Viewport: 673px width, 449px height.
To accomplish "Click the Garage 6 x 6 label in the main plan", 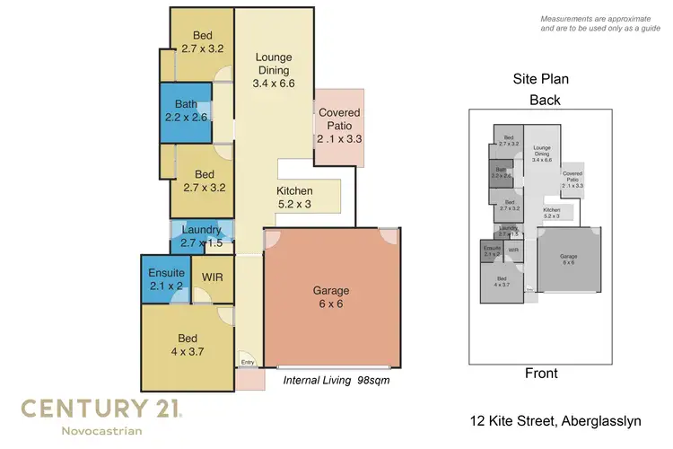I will [332, 297].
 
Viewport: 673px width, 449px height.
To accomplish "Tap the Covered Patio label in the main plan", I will [340, 126].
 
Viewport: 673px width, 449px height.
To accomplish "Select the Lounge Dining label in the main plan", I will [274, 70].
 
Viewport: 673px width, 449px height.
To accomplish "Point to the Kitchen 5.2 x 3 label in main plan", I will [294, 198].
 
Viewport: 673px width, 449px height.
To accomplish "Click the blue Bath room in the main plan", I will [187, 110].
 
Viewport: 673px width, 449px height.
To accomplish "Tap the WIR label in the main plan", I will [213, 277].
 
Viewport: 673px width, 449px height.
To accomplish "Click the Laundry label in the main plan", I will [201, 237].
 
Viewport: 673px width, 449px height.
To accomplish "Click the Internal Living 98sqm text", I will [336, 381].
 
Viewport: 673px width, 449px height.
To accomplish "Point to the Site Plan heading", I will [540, 79].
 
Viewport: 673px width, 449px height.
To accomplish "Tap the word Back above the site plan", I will [545, 100].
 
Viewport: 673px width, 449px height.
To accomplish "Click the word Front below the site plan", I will [541, 374].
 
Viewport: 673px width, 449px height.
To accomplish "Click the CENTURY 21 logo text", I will [101, 409].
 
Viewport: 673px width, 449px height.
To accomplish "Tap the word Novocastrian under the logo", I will [101, 432].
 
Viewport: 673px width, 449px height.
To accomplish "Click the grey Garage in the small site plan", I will [569, 260].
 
